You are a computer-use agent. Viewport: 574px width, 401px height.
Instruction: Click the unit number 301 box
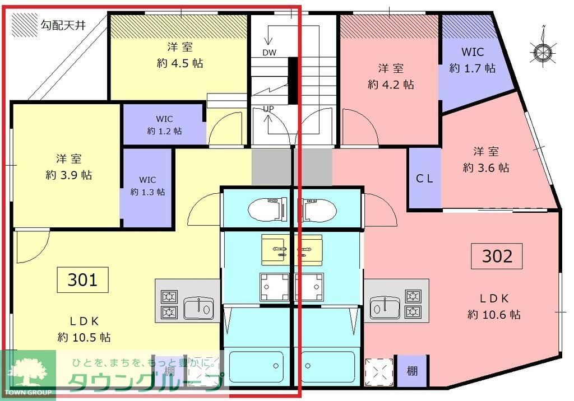[x=83, y=279]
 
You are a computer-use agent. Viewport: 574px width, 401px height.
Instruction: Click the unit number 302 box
[x=497, y=256]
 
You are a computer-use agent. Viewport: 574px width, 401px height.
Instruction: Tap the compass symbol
[x=542, y=52]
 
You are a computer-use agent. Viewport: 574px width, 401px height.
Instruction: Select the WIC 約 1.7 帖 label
[x=472, y=60]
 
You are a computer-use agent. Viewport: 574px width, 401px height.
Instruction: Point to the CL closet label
[x=424, y=179]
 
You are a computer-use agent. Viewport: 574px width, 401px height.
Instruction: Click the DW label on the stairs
[x=270, y=52]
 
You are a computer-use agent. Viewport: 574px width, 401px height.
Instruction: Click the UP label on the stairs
[x=269, y=109]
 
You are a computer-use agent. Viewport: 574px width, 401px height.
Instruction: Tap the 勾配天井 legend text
[x=63, y=25]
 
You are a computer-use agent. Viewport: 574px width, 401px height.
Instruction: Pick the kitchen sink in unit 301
[x=199, y=307]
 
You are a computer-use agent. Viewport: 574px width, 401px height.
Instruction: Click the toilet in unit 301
[x=267, y=209]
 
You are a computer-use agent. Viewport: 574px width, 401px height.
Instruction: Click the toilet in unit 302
[x=320, y=209]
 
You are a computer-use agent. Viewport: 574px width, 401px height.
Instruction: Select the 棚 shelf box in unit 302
[x=412, y=370]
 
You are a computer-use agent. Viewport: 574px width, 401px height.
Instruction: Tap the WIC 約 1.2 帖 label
[x=164, y=125]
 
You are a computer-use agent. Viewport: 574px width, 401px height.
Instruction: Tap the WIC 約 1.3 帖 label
[x=147, y=186]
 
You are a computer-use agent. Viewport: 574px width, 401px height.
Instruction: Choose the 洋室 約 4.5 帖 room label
[x=179, y=55]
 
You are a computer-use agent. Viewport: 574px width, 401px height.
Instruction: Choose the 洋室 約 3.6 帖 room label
[x=485, y=159]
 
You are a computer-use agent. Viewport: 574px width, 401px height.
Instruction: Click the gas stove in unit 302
[x=413, y=303]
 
